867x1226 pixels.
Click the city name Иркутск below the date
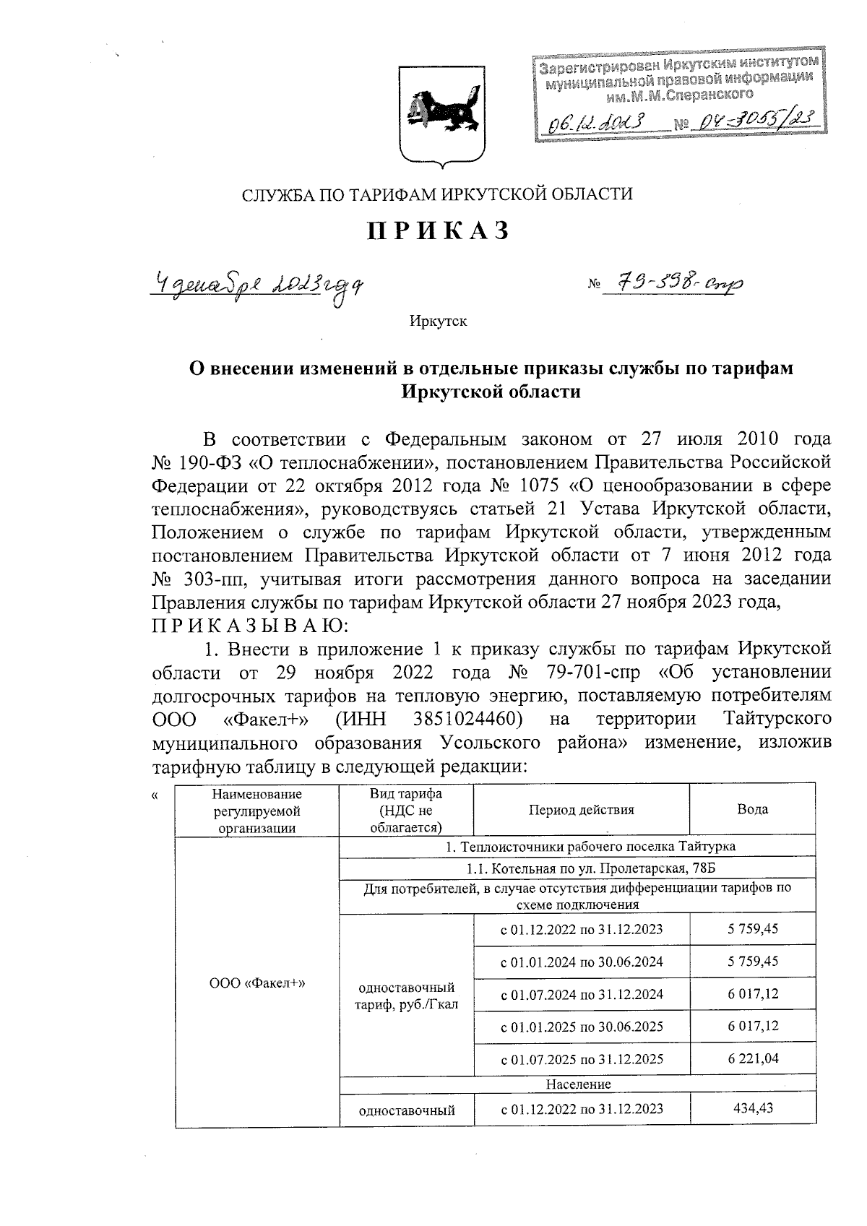tap(439, 321)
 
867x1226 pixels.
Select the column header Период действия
tap(581, 810)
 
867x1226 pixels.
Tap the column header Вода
tap(752, 810)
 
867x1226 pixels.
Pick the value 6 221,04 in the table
tap(753, 1059)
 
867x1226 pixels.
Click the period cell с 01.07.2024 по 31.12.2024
tap(582, 994)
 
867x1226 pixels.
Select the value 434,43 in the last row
tap(753, 1108)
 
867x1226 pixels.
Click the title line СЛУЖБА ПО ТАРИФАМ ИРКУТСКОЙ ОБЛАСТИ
tap(437, 194)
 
